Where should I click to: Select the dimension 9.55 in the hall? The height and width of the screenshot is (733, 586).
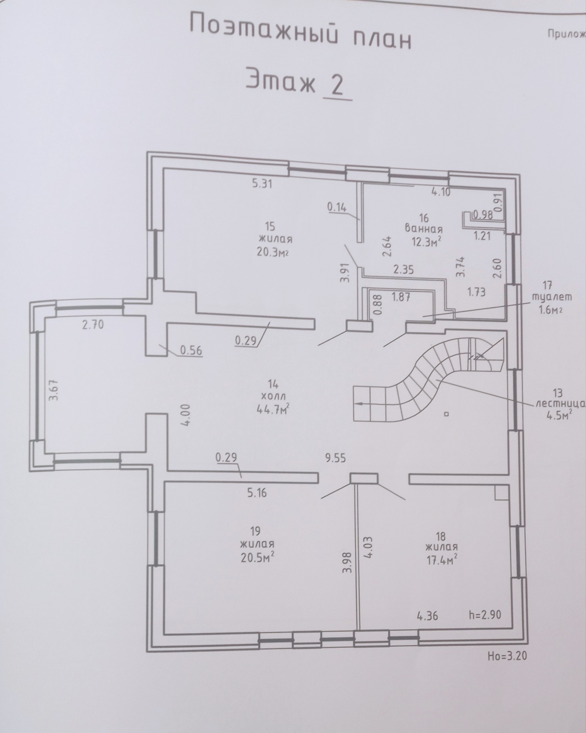coord(336,458)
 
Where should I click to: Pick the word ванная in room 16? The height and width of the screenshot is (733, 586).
coord(424,228)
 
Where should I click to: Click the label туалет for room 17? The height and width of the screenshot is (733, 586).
coord(552,297)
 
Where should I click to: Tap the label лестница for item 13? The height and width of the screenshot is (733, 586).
coord(560,404)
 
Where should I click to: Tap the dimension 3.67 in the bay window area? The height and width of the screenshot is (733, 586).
coord(54,391)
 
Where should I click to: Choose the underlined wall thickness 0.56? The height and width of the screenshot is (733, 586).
coord(191,350)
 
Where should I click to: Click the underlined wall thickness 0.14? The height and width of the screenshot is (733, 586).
coord(337,207)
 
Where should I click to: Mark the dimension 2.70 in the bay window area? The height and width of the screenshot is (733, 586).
coord(92,325)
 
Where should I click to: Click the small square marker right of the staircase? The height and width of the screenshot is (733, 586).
coord(446,414)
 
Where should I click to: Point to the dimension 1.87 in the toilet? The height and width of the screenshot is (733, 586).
coord(401,297)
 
